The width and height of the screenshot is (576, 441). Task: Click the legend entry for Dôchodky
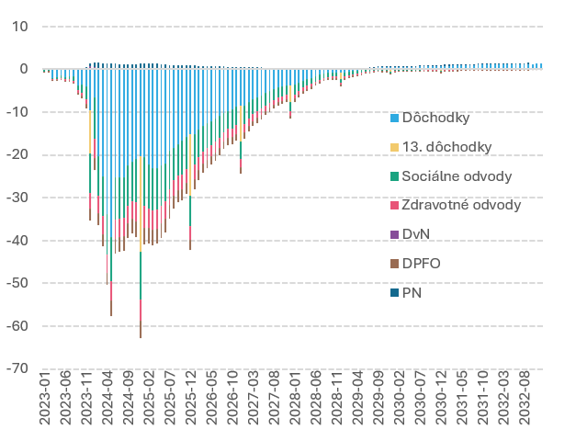tap(436, 118)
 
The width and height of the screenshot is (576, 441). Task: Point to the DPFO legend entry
tap(422, 263)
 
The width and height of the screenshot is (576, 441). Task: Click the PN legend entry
tap(412, 292)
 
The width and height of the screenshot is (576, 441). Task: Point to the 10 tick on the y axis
tap(20, 26)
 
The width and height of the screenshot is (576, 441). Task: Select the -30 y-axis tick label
tap(17, 198)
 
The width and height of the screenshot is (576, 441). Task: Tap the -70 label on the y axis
tap(17, 369)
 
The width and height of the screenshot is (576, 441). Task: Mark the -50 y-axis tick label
tap(17, 283)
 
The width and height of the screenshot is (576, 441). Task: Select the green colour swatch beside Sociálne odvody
tap(394, 175)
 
